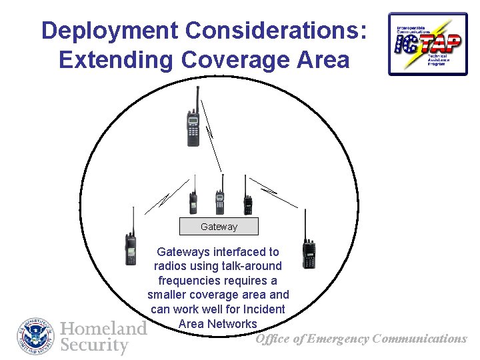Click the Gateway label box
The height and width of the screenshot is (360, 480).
point(219,227)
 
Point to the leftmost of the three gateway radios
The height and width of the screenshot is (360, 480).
point(193,200)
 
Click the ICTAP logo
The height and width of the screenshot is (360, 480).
point(428,43)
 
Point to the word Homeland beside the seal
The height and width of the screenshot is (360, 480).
point(103,328)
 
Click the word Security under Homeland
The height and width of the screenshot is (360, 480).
point(94,345)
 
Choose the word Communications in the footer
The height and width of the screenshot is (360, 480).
point(420,339)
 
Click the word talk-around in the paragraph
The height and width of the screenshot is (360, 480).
point(249,266)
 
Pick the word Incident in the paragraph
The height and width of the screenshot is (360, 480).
point(264,309)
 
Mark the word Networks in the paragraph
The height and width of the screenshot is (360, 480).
point(232,324)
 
